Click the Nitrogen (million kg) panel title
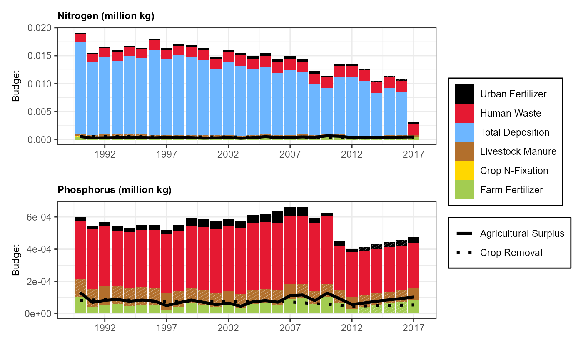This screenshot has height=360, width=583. tap(106, 17)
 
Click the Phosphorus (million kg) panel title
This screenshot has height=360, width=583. tap(115, 191)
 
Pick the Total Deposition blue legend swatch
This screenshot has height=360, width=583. tap(464, 132)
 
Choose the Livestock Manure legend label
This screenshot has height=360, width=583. tap(518, 151)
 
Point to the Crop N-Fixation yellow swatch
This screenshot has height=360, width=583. tap(464, 171)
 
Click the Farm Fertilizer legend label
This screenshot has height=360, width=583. tap(511, 190)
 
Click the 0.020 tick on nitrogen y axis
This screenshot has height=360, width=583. tap(40, 28)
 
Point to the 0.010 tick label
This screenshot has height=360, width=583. tap(40, 84)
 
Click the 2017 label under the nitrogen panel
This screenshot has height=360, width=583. tap(414, 154)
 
